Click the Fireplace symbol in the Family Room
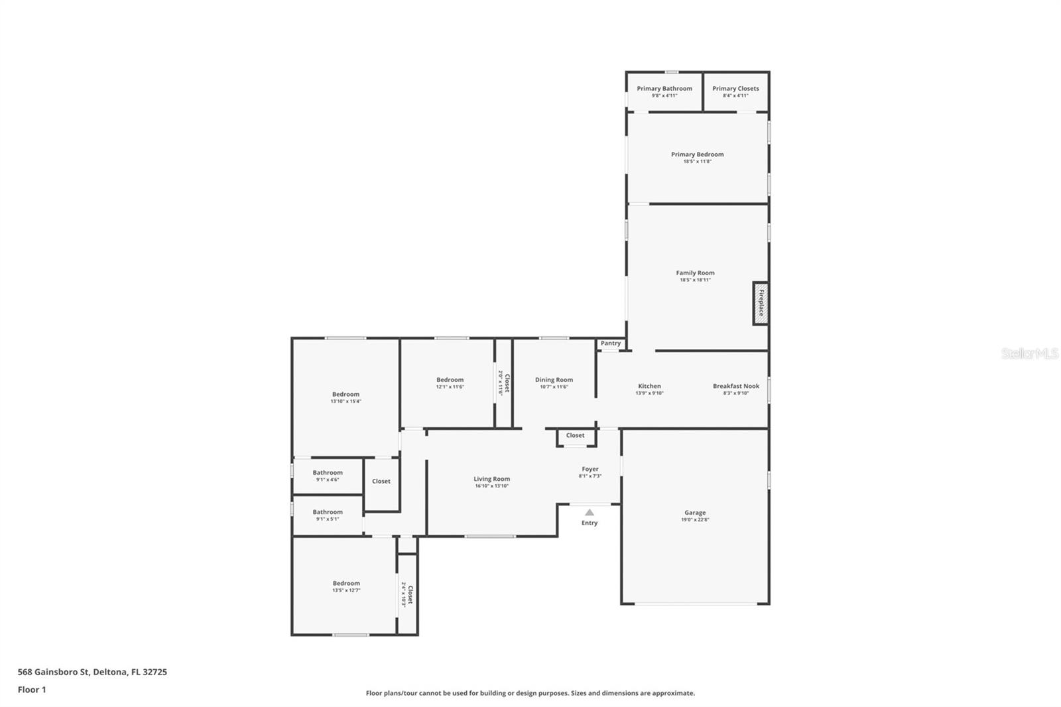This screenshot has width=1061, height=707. point(761,303)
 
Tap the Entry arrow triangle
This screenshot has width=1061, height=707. point(590,512)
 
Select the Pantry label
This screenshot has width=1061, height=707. point(611,344)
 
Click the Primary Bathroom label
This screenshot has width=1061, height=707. point(664,88)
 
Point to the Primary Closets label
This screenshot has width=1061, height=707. point(735,88)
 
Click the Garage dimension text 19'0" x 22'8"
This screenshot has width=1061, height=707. point(695,520)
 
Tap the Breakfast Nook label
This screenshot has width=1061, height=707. point(736,386)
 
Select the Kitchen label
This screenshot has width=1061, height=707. point(649,386)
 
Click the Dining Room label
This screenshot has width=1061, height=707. point(554,380)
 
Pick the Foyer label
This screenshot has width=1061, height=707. point(590,469)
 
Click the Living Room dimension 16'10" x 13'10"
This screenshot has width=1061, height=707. point(491,486)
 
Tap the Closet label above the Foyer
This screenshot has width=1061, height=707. point(575,436)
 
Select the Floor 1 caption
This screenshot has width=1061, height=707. point(32,690)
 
